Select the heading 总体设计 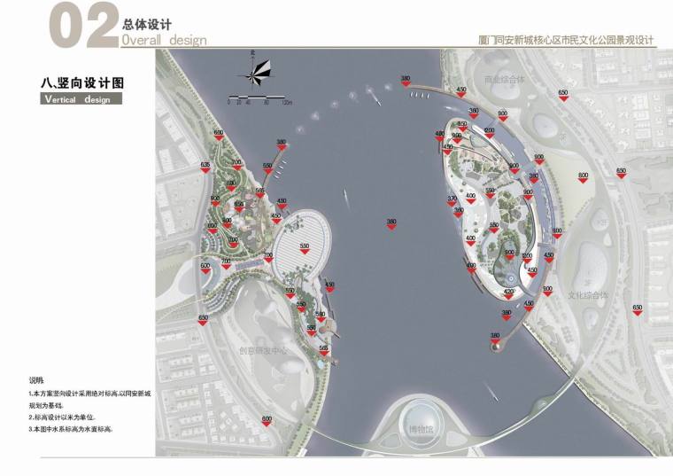[x=146, y=24]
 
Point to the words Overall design [x=164, y=40]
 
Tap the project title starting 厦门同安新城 [x=565, y=41]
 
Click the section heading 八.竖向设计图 [x=82, y=82]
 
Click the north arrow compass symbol [x=256, y=71]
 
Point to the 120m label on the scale [x=287, y=103]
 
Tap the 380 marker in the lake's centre [x=391, y=222]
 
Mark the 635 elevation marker [x=205, y=167]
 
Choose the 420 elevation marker [x=509, y=293]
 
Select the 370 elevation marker [x=452, y=200]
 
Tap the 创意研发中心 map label [x=263, y=349]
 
